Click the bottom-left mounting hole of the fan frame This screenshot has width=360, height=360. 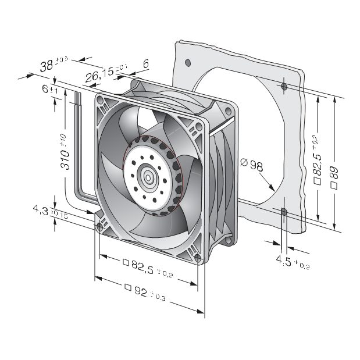(101, 229)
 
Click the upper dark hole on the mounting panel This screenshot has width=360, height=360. (283, 87)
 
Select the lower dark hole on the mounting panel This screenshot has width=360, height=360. (283, 212)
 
